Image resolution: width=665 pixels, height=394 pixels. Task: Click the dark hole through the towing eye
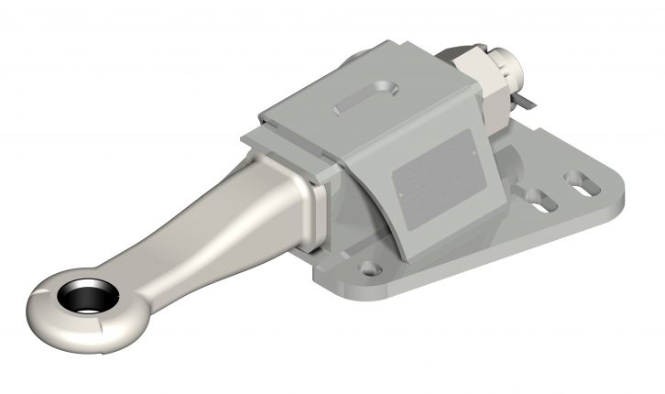87,298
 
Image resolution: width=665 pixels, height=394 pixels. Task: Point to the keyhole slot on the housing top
365,99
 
